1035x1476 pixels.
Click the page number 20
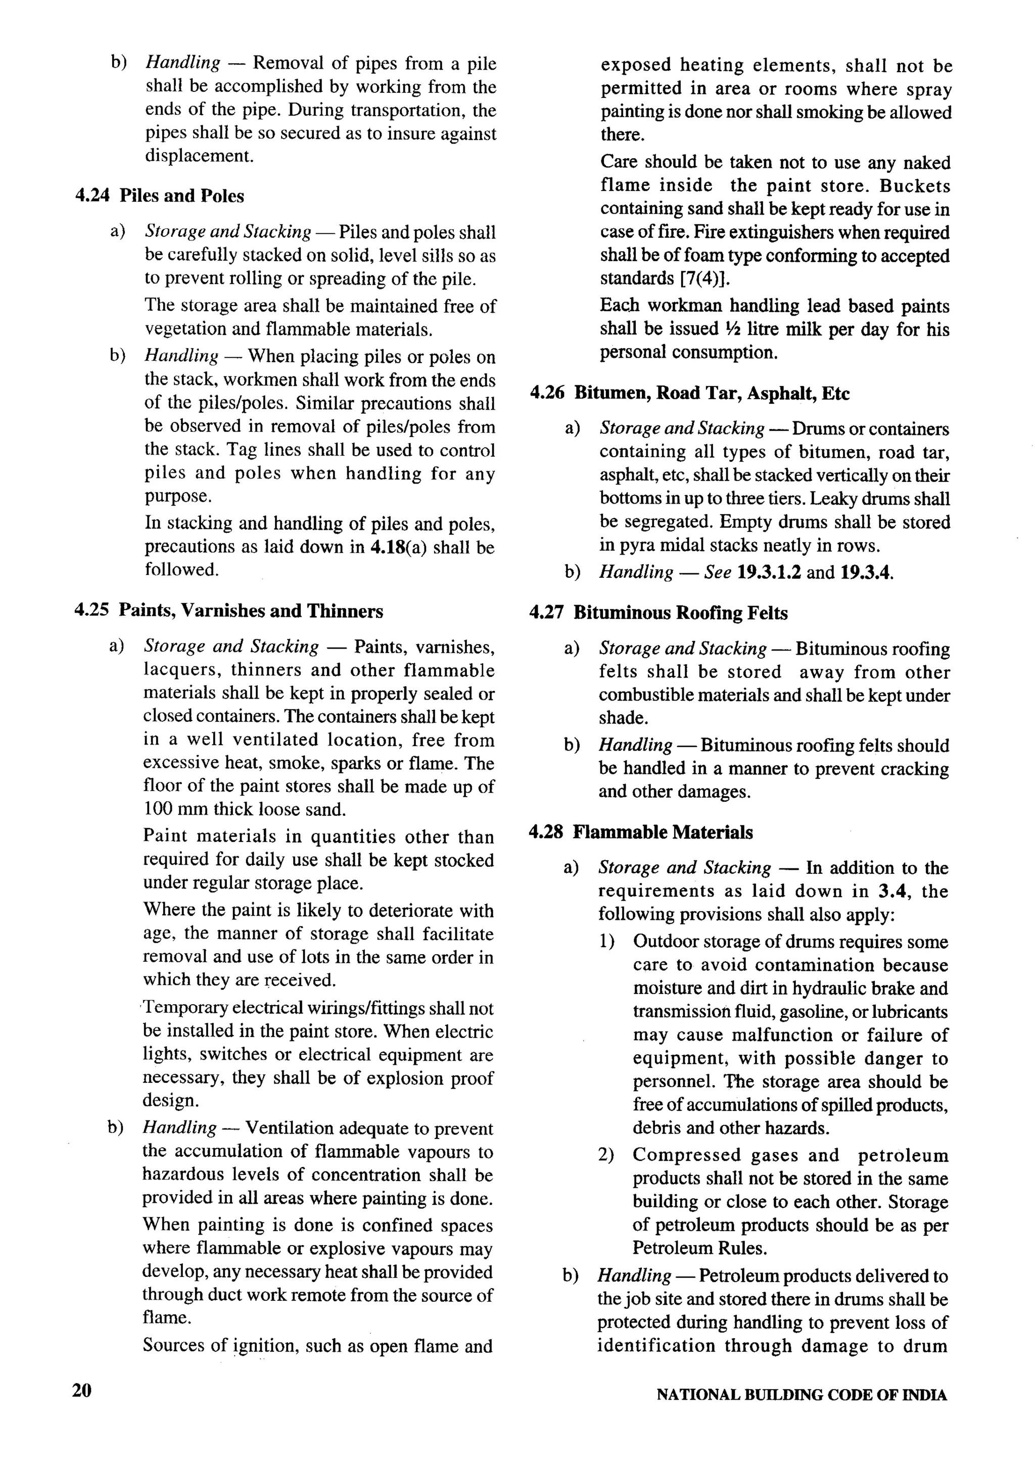coord(82,1391)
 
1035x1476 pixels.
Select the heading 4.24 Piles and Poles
coord(160,196)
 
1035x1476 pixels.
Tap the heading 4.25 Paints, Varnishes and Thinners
coord(228,611)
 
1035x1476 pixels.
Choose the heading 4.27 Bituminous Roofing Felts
coord(658,613)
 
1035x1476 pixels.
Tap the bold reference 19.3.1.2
coord(769,572)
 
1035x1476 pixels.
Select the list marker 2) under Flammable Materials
coord(606,1155)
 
